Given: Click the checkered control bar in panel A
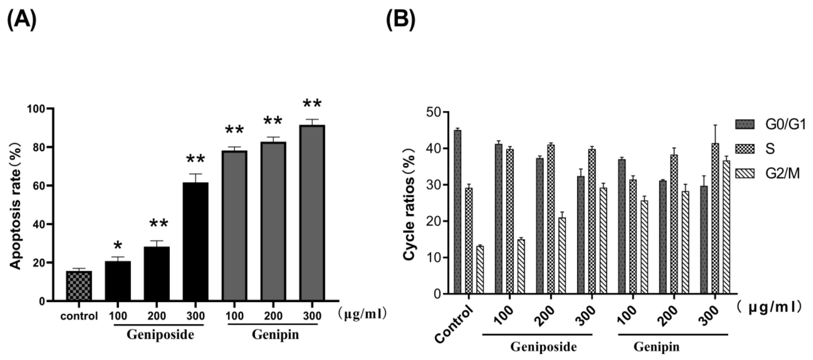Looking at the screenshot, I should [x=79, y=285].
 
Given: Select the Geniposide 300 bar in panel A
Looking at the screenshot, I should [x=195, y=241].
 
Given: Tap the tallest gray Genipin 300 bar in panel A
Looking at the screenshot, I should [x=312, y=213].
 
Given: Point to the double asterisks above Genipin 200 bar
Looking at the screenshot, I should [x=273, y=121].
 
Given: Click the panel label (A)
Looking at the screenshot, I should [x=21, y=19].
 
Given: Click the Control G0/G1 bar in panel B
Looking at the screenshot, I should [x=458, y=212].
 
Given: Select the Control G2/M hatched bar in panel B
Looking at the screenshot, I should [x=480, y=270].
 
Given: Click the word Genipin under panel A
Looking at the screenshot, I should [x=275, y=335].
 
